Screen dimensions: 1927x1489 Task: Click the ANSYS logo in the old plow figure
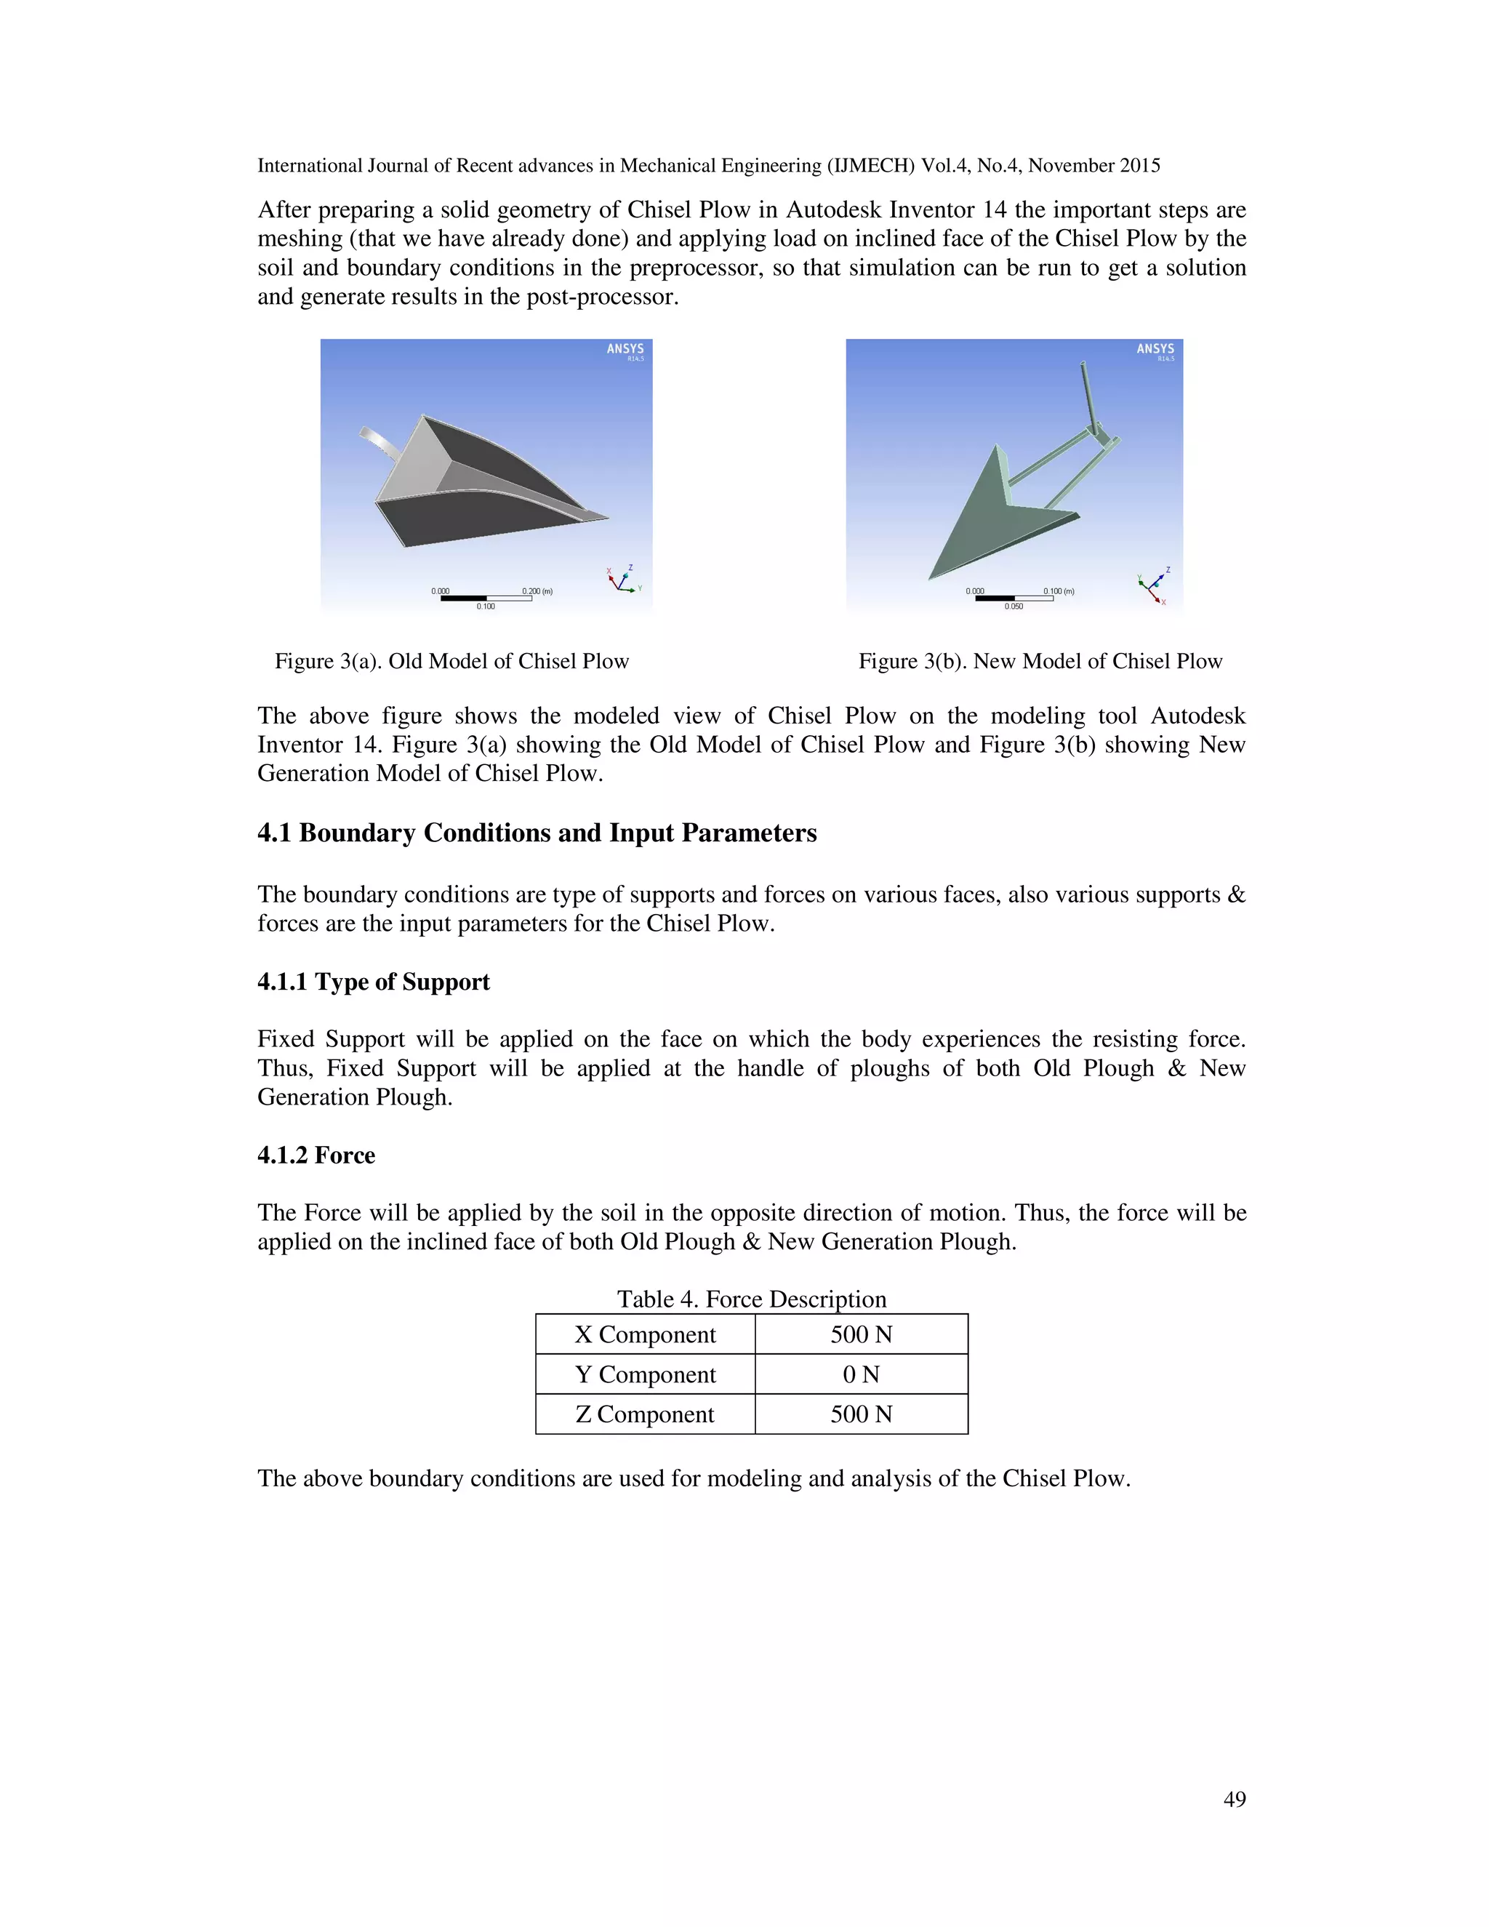coord(625,350)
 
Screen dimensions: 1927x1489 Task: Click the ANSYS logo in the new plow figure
coord(1155,350)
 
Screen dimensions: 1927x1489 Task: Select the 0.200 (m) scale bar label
coord(537,591)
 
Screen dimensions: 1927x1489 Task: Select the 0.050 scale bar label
coord(1014,607)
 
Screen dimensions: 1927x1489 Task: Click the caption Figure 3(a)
coord(451,662)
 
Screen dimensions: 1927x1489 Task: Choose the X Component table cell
coord(645,1335)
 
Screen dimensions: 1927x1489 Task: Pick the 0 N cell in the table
coord(861,1374)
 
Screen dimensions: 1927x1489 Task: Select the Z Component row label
coord(645,1414)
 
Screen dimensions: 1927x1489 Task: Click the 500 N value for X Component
coord(861,1335)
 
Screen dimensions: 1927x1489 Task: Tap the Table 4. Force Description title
coord(752,1299)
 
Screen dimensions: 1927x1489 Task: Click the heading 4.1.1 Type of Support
coord(373,982)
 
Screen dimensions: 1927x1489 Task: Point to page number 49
coord(1234,1799)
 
